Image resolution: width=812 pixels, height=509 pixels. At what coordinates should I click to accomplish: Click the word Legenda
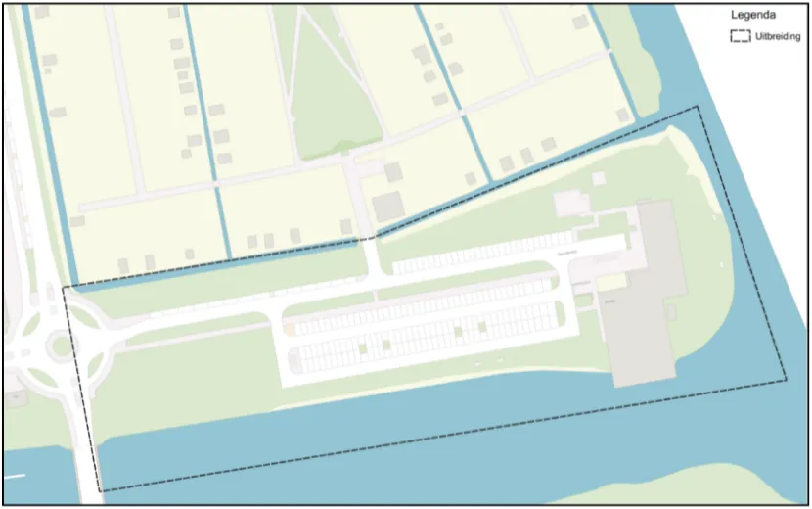click(753, 16)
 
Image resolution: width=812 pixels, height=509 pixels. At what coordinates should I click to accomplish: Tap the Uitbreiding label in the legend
click(779, 37)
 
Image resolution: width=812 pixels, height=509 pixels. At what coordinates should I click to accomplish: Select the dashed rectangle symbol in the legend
click(741, 37)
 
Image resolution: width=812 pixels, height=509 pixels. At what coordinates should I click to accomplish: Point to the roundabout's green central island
click(62, 344)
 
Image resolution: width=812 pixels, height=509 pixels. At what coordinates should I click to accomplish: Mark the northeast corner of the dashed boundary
click(698, 107)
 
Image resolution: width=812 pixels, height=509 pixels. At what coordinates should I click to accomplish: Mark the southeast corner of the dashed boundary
click(786, 379)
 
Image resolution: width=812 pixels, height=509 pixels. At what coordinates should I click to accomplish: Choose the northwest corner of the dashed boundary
click(65, 288)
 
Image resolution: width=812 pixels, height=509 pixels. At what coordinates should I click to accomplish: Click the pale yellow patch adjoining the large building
click(611, 283)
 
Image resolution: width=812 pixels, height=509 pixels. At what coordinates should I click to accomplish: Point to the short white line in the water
click(14, 476)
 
